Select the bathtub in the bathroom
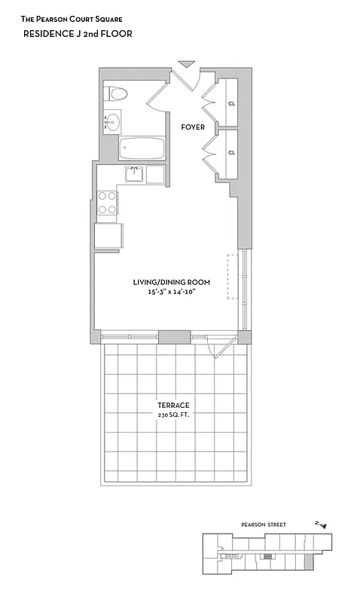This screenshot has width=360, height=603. (x=141, y=148)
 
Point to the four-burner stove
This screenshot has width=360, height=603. (x=108, y=203)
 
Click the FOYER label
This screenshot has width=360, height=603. (x=193, y=127)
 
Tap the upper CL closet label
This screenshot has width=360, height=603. (x=232, y=104)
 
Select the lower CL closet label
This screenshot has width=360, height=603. (x=232, y=152)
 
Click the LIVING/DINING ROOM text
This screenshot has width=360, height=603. (x=171, y=282)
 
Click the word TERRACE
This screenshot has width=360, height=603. (x=173, y=406)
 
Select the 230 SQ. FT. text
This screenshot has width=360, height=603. (x=173, y=415)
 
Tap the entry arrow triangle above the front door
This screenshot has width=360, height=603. (x=186, y=65)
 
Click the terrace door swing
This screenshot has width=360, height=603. (x=220, y=348)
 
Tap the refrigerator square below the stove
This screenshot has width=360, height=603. (x=108, y=235)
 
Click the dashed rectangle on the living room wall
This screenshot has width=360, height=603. (x=233, y=277)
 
